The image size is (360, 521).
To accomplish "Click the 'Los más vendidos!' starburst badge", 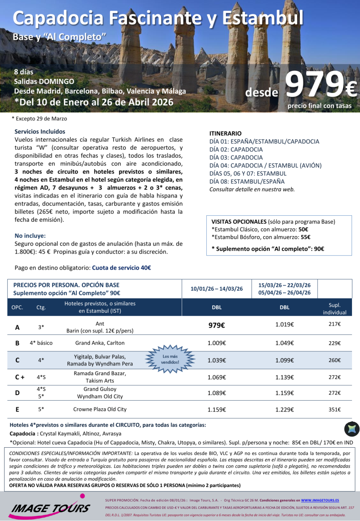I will pyautogui.click(x=171, y=359).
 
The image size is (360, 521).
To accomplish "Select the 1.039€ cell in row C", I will pyautogui.click(x=216, y=360).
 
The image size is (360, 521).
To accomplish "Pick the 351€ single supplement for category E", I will pyautogui.click(x=335, y=410).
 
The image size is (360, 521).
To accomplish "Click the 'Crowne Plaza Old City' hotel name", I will pyautogui.click(x=100, y=410).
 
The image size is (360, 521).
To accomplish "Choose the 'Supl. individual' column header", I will pyautogui.click(x=335, y=309).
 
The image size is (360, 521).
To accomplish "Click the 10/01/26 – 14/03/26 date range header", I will pyautogui.click(x=216, y=289).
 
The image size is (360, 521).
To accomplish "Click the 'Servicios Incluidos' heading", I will pyautogui.click(x=40, y=131).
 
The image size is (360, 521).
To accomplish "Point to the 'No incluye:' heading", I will pyautogui.click(x=30, y=236).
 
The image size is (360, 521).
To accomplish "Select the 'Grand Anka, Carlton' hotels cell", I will pyautogui.click(x=100, y=343).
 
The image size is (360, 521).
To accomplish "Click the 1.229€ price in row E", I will pyautogui.click(x=285, y=410).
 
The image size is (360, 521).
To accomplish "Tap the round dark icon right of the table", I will pyautogui.click(x=352, y=429).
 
